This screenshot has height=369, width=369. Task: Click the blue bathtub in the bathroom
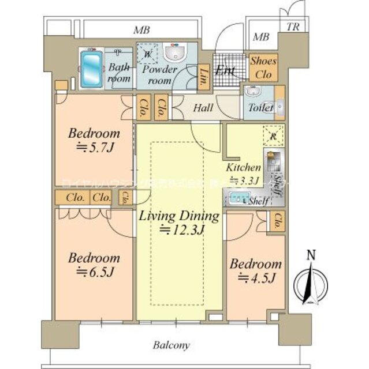coord(90,70)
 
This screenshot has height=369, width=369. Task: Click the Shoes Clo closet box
coord(263,67)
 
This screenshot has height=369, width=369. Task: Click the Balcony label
coord(172,346)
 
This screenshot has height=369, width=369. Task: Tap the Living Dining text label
coord(179,217)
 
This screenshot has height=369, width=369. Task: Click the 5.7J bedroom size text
coord(96,147)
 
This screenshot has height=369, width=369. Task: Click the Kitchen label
coord(244,167)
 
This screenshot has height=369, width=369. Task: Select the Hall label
coord(203,108)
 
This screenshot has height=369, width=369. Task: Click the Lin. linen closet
coord(204,76)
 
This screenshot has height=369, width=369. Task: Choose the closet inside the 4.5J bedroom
coord(278,220)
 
